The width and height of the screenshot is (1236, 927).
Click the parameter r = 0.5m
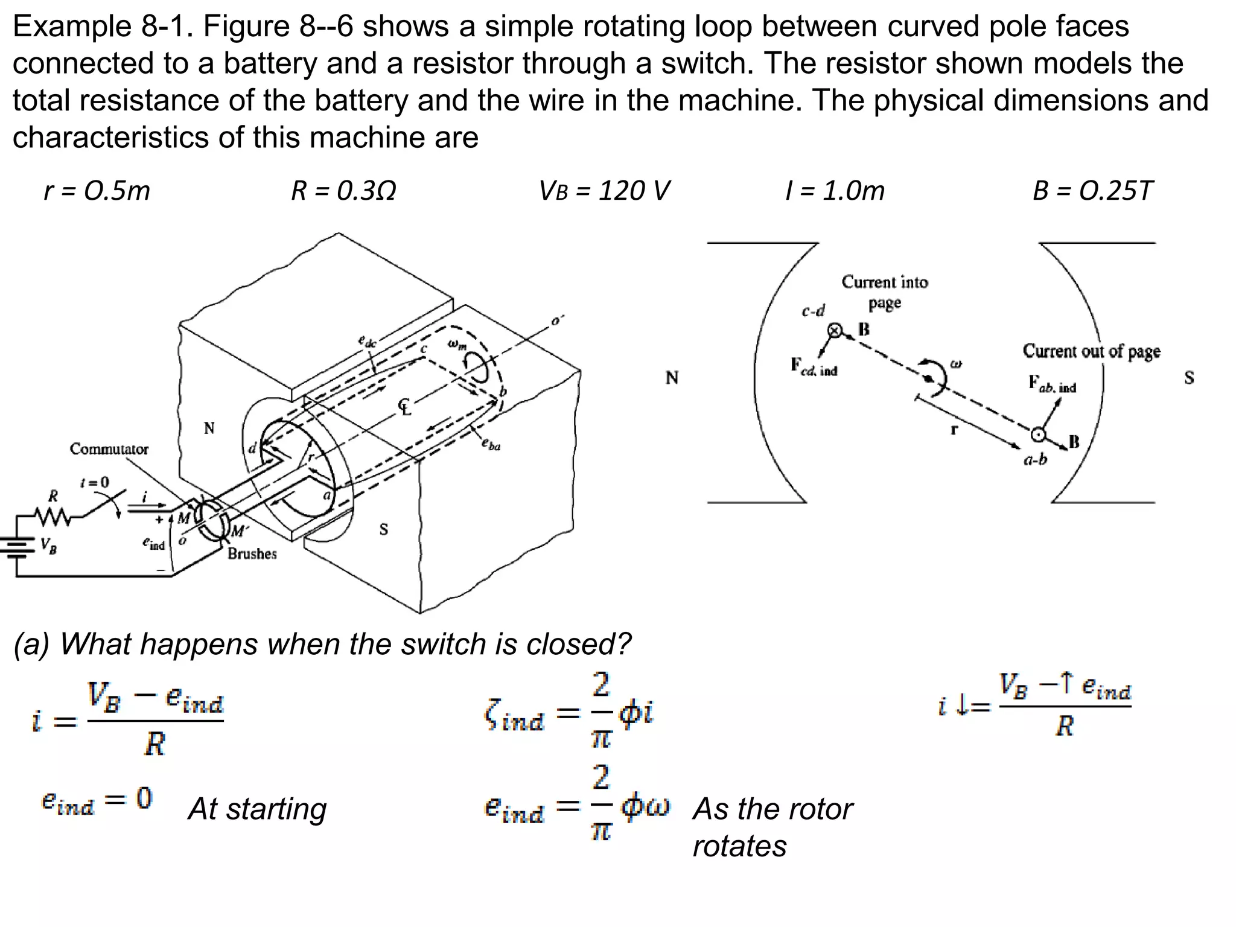97,191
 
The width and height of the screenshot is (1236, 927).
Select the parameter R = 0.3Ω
343,191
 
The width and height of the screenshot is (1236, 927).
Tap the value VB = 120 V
604,191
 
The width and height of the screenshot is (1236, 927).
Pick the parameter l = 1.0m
835,191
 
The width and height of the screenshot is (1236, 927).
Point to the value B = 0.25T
1092,191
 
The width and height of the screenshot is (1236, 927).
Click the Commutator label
109,449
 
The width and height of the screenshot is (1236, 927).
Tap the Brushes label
252,553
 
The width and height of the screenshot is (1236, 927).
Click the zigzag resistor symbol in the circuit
53,517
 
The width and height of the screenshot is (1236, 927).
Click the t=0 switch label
95,482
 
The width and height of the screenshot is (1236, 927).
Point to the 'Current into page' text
885,291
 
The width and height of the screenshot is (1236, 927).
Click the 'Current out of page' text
1091,351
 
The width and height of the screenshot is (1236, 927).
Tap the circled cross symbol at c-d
835,330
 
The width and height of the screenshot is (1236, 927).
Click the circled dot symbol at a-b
1038,435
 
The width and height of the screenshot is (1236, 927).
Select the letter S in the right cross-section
1188,378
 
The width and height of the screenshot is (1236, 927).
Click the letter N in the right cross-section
672,378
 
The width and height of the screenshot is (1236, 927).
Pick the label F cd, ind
814,366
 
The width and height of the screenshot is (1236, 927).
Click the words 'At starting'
257,809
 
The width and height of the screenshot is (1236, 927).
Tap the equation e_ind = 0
97,801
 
